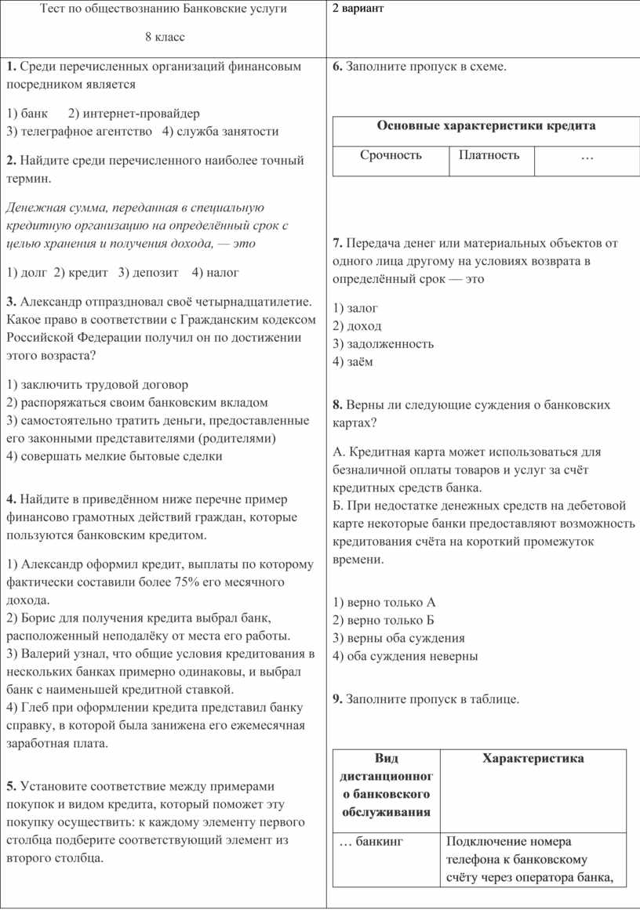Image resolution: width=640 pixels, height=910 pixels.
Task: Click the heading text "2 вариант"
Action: point(358,9)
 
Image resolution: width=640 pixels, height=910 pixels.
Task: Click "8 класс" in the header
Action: point(165,37)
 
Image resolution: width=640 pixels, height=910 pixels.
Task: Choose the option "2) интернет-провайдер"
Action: point(134,114)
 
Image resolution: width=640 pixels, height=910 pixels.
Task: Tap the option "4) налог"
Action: point(215,273)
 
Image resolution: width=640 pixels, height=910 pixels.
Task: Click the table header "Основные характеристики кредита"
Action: point(486,125)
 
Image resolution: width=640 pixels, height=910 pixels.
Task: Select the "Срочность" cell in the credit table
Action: point(391,155)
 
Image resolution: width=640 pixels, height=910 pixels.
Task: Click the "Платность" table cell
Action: point(489,155)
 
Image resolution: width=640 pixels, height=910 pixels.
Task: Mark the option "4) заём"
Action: point(353,361)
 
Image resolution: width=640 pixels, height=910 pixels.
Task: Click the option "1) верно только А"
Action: point(384,603)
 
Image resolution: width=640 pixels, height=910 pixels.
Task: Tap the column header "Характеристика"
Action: point(533,758)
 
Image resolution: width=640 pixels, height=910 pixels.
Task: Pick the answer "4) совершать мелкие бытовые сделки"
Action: point(114,456)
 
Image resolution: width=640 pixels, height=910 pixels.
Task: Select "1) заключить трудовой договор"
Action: point(96,385)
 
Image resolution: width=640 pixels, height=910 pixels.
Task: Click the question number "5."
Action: point(11,786)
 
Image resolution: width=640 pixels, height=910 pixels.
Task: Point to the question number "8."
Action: point(338,405)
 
